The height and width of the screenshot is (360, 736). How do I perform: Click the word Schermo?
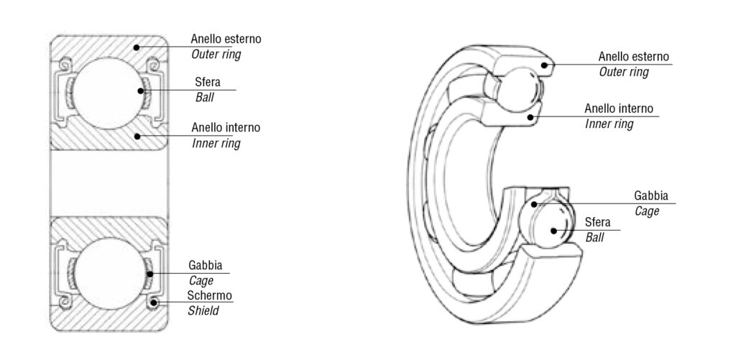(x=209, y=295)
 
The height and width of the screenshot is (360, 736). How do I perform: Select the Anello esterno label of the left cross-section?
(x=226, y=39)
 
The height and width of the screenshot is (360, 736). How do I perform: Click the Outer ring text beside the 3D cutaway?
(x=623, y=72)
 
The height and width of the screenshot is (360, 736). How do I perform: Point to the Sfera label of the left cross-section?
(x=208, y=82)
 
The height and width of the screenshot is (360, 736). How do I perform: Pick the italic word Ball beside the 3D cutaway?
(x=595, y=237)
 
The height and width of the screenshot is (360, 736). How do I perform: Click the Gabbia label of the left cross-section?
(x=205, y=265)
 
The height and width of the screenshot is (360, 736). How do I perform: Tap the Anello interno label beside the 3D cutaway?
(x=619, y=109)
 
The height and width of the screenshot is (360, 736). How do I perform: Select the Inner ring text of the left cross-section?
(x=216, y=143)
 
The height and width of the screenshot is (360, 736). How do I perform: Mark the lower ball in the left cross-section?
(x=108, y=274)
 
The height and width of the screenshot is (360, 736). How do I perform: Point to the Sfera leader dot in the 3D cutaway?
(x=554, y=230)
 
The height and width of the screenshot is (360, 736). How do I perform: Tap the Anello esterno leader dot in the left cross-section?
(x=136, y=47)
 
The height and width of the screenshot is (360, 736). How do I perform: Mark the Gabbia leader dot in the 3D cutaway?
(x=535, y=204)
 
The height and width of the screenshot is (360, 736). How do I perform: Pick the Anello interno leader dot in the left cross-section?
(x=135, y=134)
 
